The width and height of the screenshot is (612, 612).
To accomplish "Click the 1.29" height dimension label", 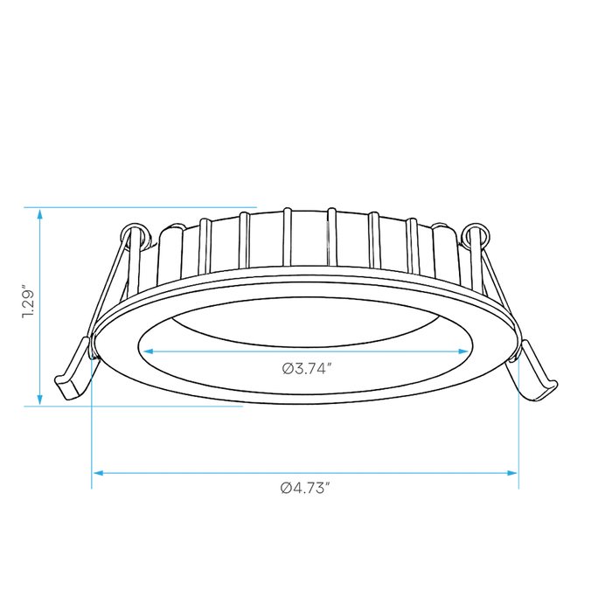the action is click(x=28, y=304).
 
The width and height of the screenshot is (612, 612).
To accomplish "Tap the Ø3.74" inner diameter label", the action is click(x=307, y=368).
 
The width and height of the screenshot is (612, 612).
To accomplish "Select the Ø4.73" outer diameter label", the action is click(x=305, y=488).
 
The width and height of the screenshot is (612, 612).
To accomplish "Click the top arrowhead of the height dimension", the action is click(x=39, y=214).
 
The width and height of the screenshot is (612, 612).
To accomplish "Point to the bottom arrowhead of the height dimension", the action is click(x=39, y=400).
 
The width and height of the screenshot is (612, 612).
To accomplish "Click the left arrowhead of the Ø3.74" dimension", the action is click(x=149, y=351).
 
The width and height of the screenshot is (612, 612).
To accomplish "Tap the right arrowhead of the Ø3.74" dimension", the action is click(x=462, y=351).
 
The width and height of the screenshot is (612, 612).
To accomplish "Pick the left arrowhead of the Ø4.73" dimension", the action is click(x=99, y=473).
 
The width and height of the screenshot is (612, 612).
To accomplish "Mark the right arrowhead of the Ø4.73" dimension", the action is click(x=511, y=473).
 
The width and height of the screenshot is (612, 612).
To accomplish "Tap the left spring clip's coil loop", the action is click(x=135, y=235).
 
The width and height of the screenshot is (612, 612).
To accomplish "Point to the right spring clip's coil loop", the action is click(x=476, y=235).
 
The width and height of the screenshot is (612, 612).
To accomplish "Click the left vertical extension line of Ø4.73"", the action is click(x=92, y=421).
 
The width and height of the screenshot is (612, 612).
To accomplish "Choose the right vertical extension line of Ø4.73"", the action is click(x=518, y=421).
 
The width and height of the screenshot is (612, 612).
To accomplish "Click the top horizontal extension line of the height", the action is click(x=141, y=207).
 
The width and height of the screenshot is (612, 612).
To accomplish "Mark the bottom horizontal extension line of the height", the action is click(x=134, y=406).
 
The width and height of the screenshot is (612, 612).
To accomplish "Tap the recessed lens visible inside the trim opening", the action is click(x=306, y=323).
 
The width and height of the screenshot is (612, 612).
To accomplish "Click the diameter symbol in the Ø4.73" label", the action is click(x=286, y=488).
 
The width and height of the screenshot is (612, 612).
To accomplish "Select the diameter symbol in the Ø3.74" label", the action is click(x=288, y=368).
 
